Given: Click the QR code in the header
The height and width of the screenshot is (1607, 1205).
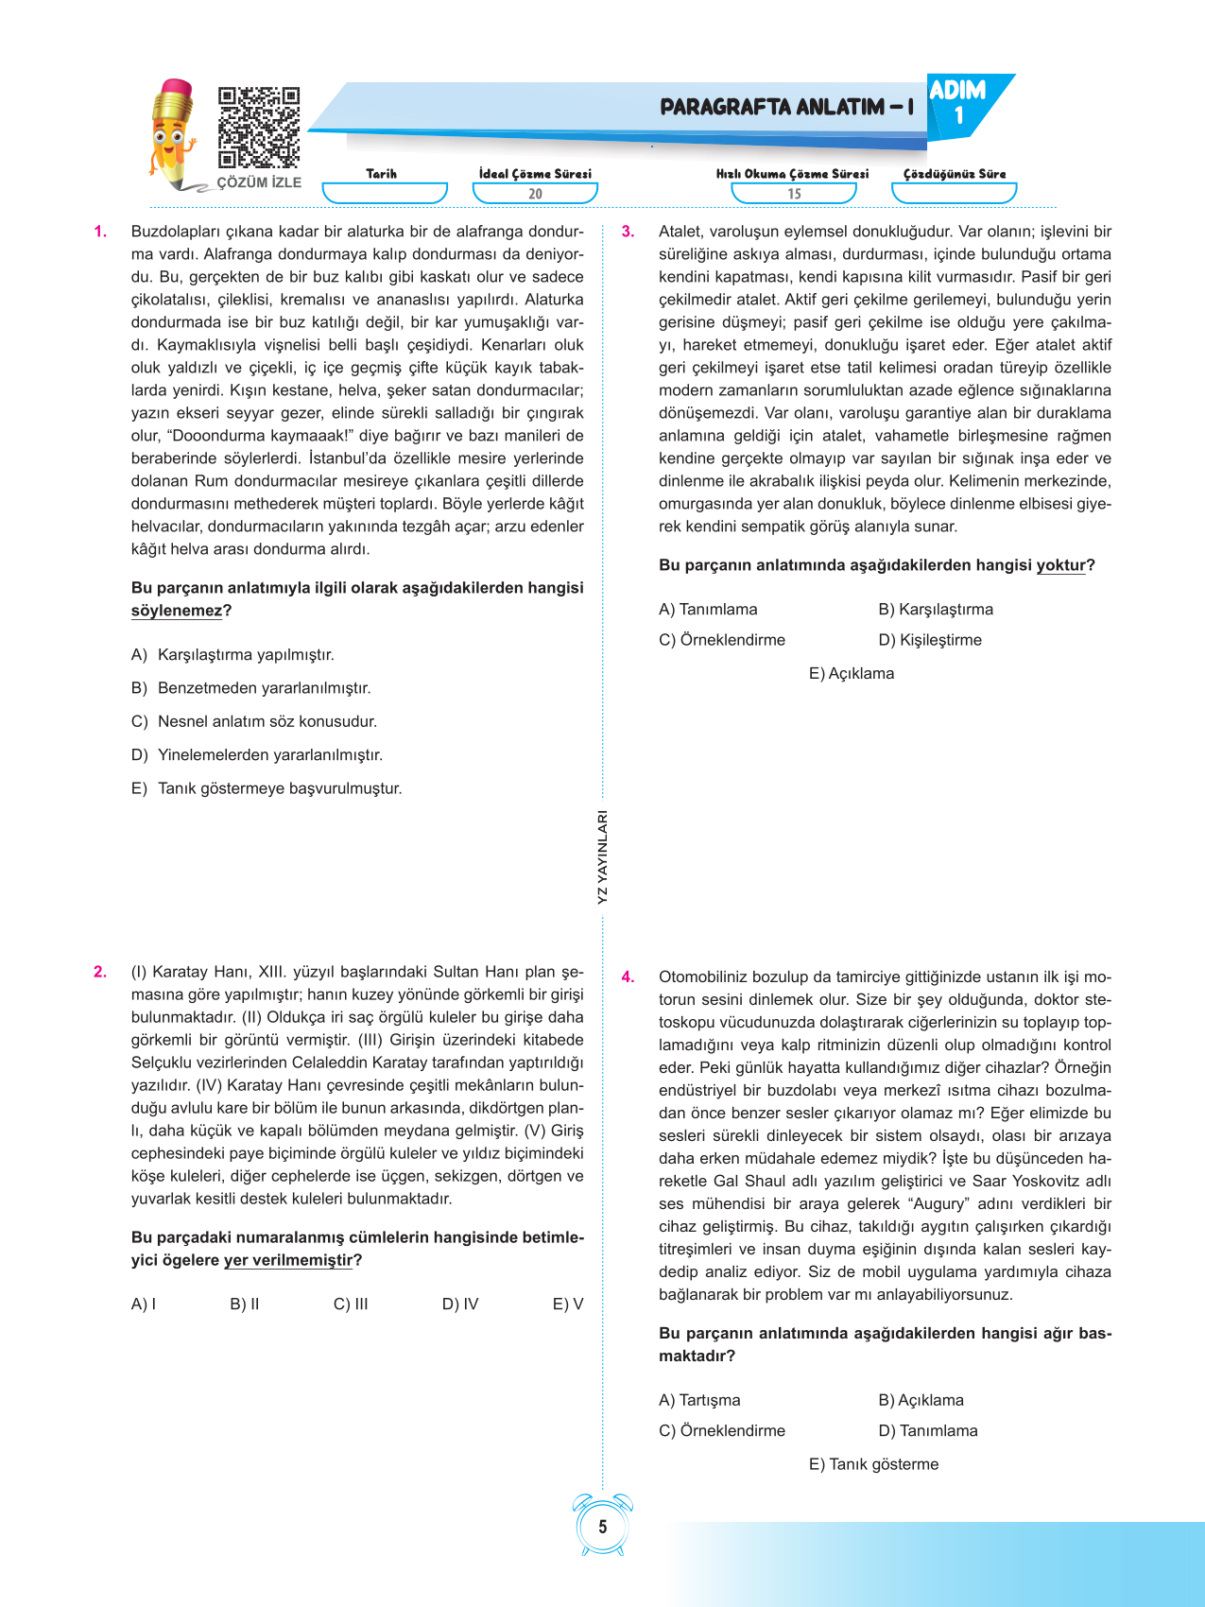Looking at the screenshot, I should point(259,128).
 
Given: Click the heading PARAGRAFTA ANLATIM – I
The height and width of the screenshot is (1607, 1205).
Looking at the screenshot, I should point(786,107).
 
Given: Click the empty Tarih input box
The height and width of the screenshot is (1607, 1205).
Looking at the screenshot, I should point(384,193).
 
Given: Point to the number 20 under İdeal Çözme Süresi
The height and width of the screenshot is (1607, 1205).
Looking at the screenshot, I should point(535,194).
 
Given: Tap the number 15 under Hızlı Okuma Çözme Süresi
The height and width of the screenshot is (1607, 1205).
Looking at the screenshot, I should point(794,194).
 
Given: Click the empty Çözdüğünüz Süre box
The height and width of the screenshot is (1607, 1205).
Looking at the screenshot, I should point(954,193).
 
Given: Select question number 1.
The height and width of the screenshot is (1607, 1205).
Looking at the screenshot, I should point(100,232).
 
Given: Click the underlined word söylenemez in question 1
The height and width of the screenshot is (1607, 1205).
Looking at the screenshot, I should point(177,611).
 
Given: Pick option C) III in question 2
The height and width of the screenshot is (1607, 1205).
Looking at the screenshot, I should point(351,1305).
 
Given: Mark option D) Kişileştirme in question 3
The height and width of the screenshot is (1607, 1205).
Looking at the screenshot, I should point(930,640).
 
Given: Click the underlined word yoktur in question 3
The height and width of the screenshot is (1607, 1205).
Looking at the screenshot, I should point(1060,565).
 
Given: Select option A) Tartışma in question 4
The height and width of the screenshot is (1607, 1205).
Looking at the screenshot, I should point(699,1400).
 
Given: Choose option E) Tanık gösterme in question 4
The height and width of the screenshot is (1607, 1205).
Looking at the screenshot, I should point(873,1464).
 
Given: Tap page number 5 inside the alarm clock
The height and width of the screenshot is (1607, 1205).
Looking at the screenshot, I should point(603,1527).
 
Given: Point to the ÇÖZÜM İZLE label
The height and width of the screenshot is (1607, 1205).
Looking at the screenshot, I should point(259,182).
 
